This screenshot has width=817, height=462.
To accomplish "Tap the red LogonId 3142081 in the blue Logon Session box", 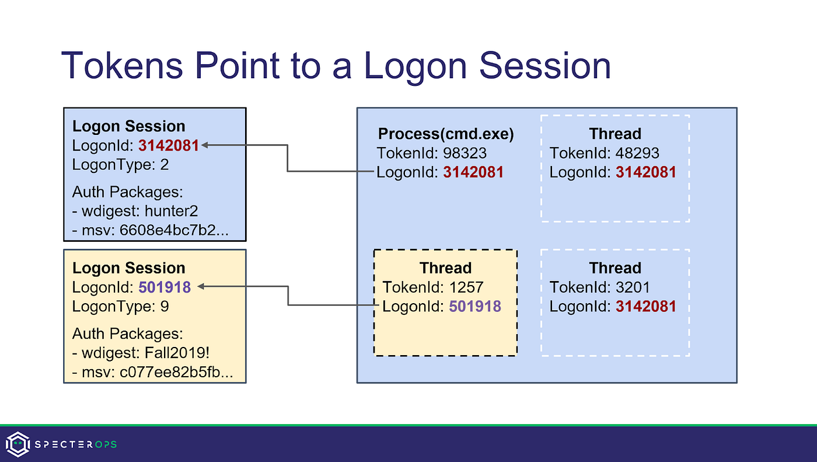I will (x=169, y=145).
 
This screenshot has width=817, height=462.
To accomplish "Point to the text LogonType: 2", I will (x=120, y=165).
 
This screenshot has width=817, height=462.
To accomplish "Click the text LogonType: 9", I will (x=120, y=306).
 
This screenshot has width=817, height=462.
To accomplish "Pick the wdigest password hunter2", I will (x=181, y=211).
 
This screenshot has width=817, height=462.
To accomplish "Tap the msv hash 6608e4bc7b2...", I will (x=174, y=231).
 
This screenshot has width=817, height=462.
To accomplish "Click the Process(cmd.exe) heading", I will (x=446, y=134).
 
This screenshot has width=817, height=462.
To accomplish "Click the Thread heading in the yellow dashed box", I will (x=445, y=268).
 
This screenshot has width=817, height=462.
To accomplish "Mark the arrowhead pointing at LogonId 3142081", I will (x=205, y=145).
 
